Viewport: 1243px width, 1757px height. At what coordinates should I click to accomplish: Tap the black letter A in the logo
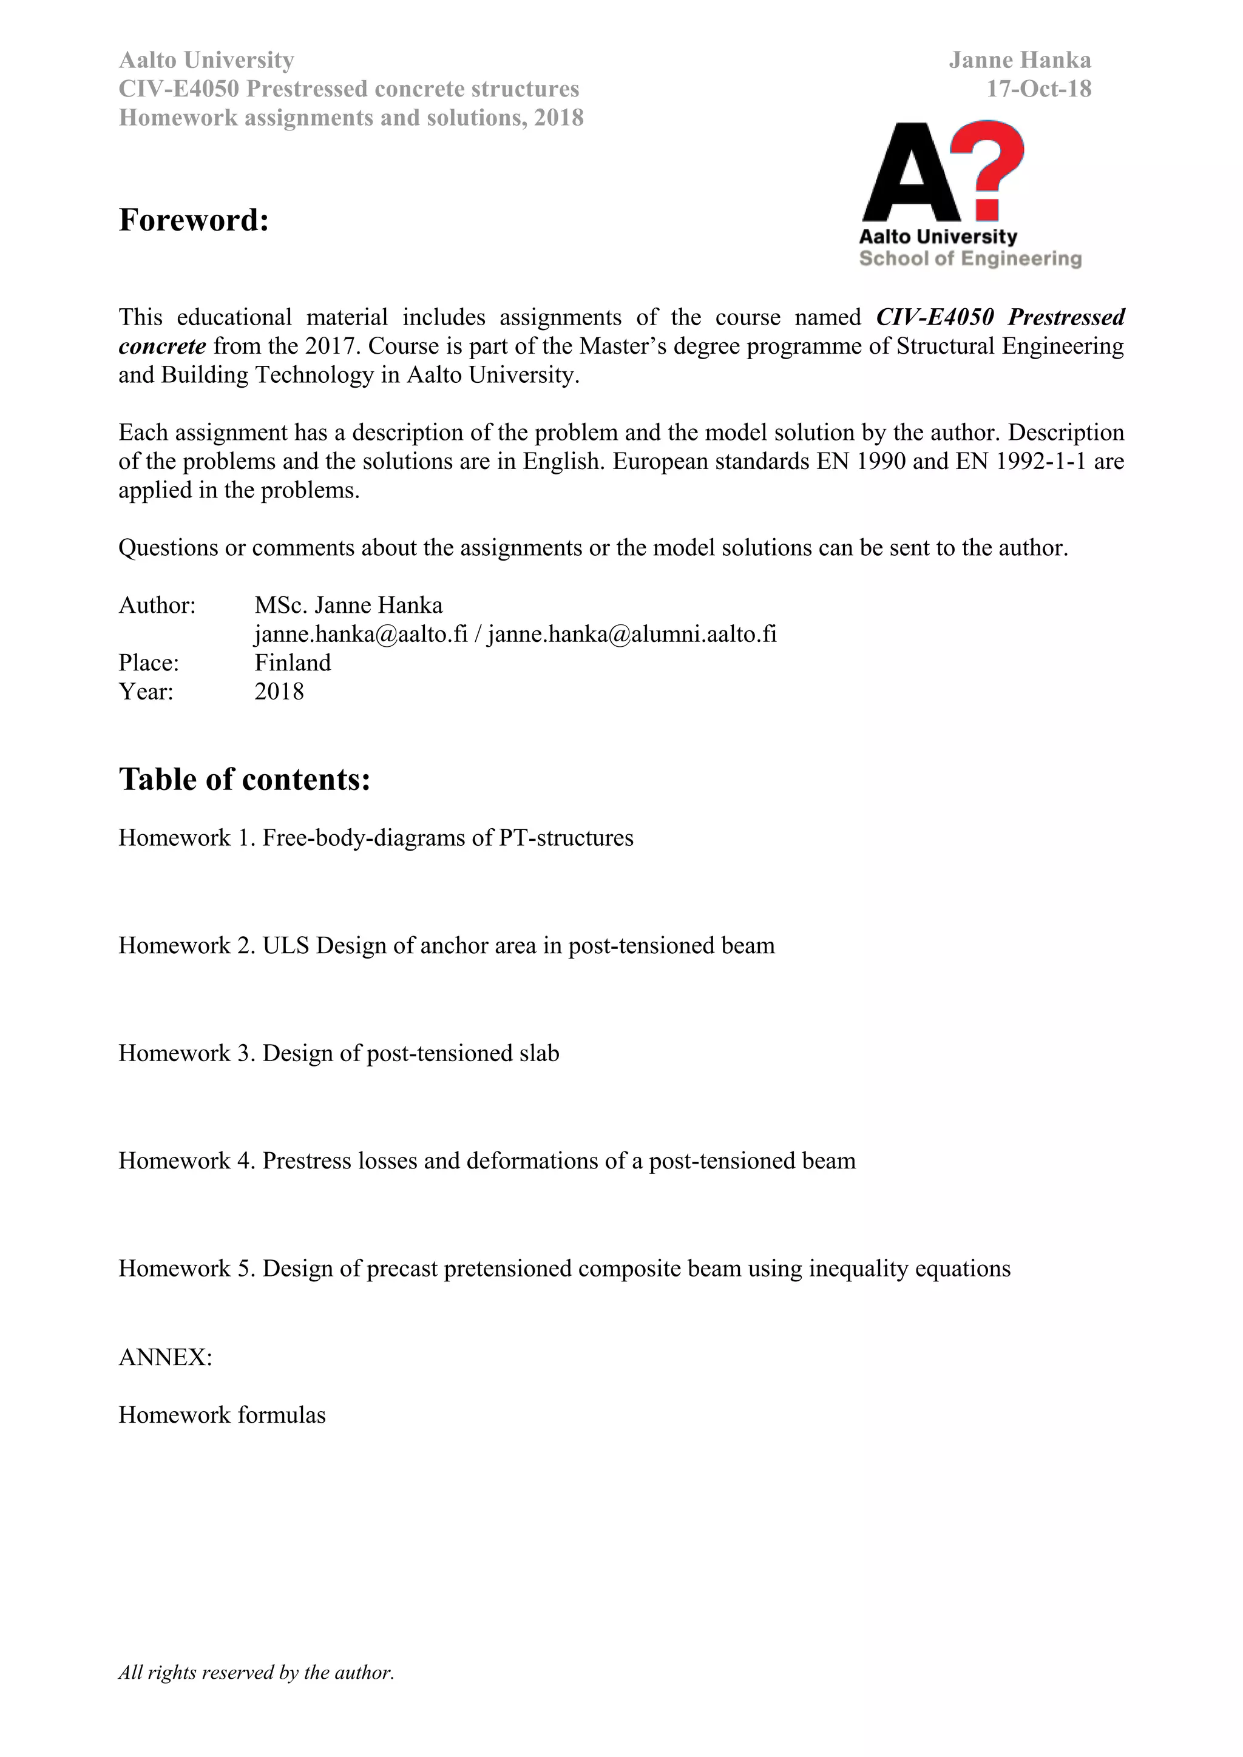tap(911, 175)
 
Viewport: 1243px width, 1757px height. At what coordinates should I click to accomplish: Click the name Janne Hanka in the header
tap(1020, 61)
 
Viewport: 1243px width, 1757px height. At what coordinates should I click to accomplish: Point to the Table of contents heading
tap(244, 780)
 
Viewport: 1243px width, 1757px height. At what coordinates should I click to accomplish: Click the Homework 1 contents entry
tap(376, 838)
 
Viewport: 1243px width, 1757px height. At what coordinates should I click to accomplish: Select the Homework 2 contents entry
tap(446, 946)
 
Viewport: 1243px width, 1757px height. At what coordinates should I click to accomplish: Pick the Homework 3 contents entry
tap(338, 1054)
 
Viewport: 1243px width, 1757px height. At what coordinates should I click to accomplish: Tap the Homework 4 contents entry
tap(487, 1161)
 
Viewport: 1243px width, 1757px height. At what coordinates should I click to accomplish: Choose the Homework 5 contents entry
tap(564, 1269)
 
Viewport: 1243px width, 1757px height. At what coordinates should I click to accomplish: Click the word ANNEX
tap(165, 1358)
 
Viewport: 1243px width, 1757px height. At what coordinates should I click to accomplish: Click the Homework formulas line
tap(222, 1415)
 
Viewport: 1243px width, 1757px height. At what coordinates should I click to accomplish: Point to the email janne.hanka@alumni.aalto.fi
tap(632, 635)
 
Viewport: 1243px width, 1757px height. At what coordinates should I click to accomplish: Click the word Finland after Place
tap(293, 663)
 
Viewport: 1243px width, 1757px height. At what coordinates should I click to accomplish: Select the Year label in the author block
tap(146, 692)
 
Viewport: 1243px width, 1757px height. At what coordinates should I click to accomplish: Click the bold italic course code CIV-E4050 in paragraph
tap(935, 317)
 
